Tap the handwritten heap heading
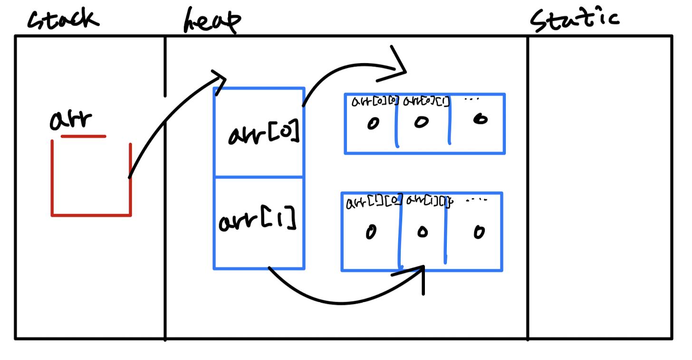coord(211,21)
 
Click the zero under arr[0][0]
coord(373,123)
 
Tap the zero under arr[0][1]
coord(421,122)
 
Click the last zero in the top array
coord(481,119)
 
